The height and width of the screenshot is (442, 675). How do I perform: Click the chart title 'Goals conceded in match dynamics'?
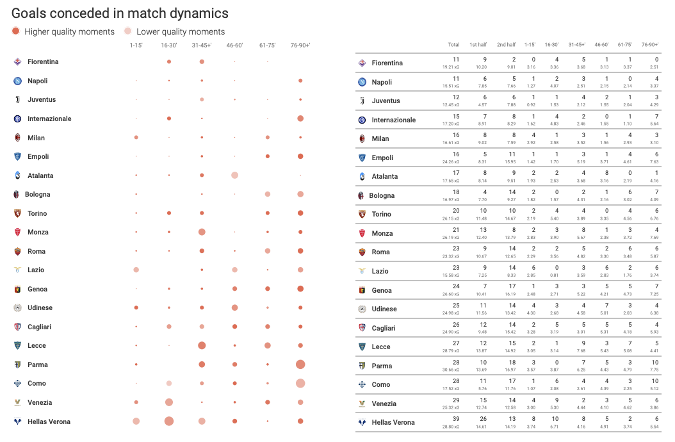pos(120,13)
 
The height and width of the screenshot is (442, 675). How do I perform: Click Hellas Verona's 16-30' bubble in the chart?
pos(169,421)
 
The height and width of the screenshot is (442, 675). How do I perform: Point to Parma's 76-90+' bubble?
pos(300,364)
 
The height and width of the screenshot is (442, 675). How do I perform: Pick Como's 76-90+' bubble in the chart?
pos(300,383)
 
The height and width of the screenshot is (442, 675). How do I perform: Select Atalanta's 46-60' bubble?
pos(234,176)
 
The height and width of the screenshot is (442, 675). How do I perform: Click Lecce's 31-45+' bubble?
pos(202,345)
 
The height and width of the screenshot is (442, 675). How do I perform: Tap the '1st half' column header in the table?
pos(478,45)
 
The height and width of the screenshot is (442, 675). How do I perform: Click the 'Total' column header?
pos(453,45)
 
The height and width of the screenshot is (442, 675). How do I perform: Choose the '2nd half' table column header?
pos(506,45)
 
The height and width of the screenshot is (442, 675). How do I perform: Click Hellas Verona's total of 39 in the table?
pos(455,418)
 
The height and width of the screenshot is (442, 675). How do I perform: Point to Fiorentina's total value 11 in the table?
pos(455,59)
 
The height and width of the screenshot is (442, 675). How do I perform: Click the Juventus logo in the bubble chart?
pos(17,99)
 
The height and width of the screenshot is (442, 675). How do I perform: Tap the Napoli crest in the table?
pos(362,82)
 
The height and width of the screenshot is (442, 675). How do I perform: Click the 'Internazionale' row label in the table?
pos(393,120)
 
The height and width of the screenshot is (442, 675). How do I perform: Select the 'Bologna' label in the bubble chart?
pos(38,194)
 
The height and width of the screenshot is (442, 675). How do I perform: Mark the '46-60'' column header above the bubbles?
pos(234,45)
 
